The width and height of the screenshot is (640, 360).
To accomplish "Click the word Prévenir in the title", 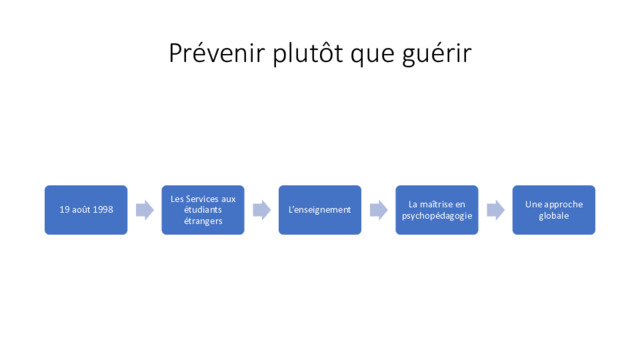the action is tap(217, 53).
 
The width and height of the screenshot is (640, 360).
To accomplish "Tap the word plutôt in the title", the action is tap(308, 53).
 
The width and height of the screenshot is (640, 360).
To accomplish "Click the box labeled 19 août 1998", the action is tap(86, 210).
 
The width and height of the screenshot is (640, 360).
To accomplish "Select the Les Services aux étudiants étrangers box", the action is tap(203, 210).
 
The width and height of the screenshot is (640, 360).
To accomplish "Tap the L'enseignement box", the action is tap(320, 210).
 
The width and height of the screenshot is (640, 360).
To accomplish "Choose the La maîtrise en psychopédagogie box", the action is tap(437, 210).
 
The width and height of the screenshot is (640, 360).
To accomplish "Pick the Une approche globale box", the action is tap(554, 210).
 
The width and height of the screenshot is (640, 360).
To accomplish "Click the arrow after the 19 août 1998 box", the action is tap(145, 210).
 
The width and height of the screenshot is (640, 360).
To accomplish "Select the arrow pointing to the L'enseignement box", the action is tap(262, 210).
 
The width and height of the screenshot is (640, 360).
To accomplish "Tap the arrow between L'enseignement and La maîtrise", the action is tap(379, 210).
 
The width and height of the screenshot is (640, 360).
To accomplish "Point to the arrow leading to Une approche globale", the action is tap(496, 210).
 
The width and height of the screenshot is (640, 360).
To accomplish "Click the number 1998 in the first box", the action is tap(103, 210).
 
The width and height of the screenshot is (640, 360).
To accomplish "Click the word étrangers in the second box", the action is tap(203, 221).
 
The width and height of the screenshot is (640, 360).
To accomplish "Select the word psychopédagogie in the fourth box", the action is tap(437, 216).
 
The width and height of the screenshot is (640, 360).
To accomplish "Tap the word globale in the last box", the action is tap(554, 216).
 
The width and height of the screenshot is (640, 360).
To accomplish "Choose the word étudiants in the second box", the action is tap(203, 210).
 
